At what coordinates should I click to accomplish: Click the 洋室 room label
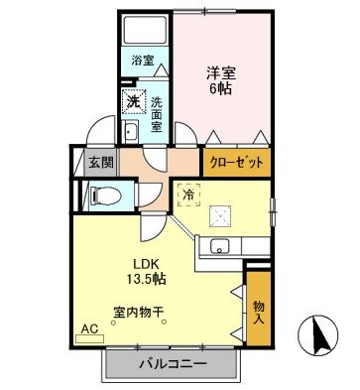click(x=220, y=72)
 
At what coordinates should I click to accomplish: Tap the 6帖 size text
click(x=220, y=89)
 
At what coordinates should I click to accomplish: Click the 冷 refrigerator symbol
click(x=187, y=195)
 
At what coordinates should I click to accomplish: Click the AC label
click(x=88, y=326)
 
